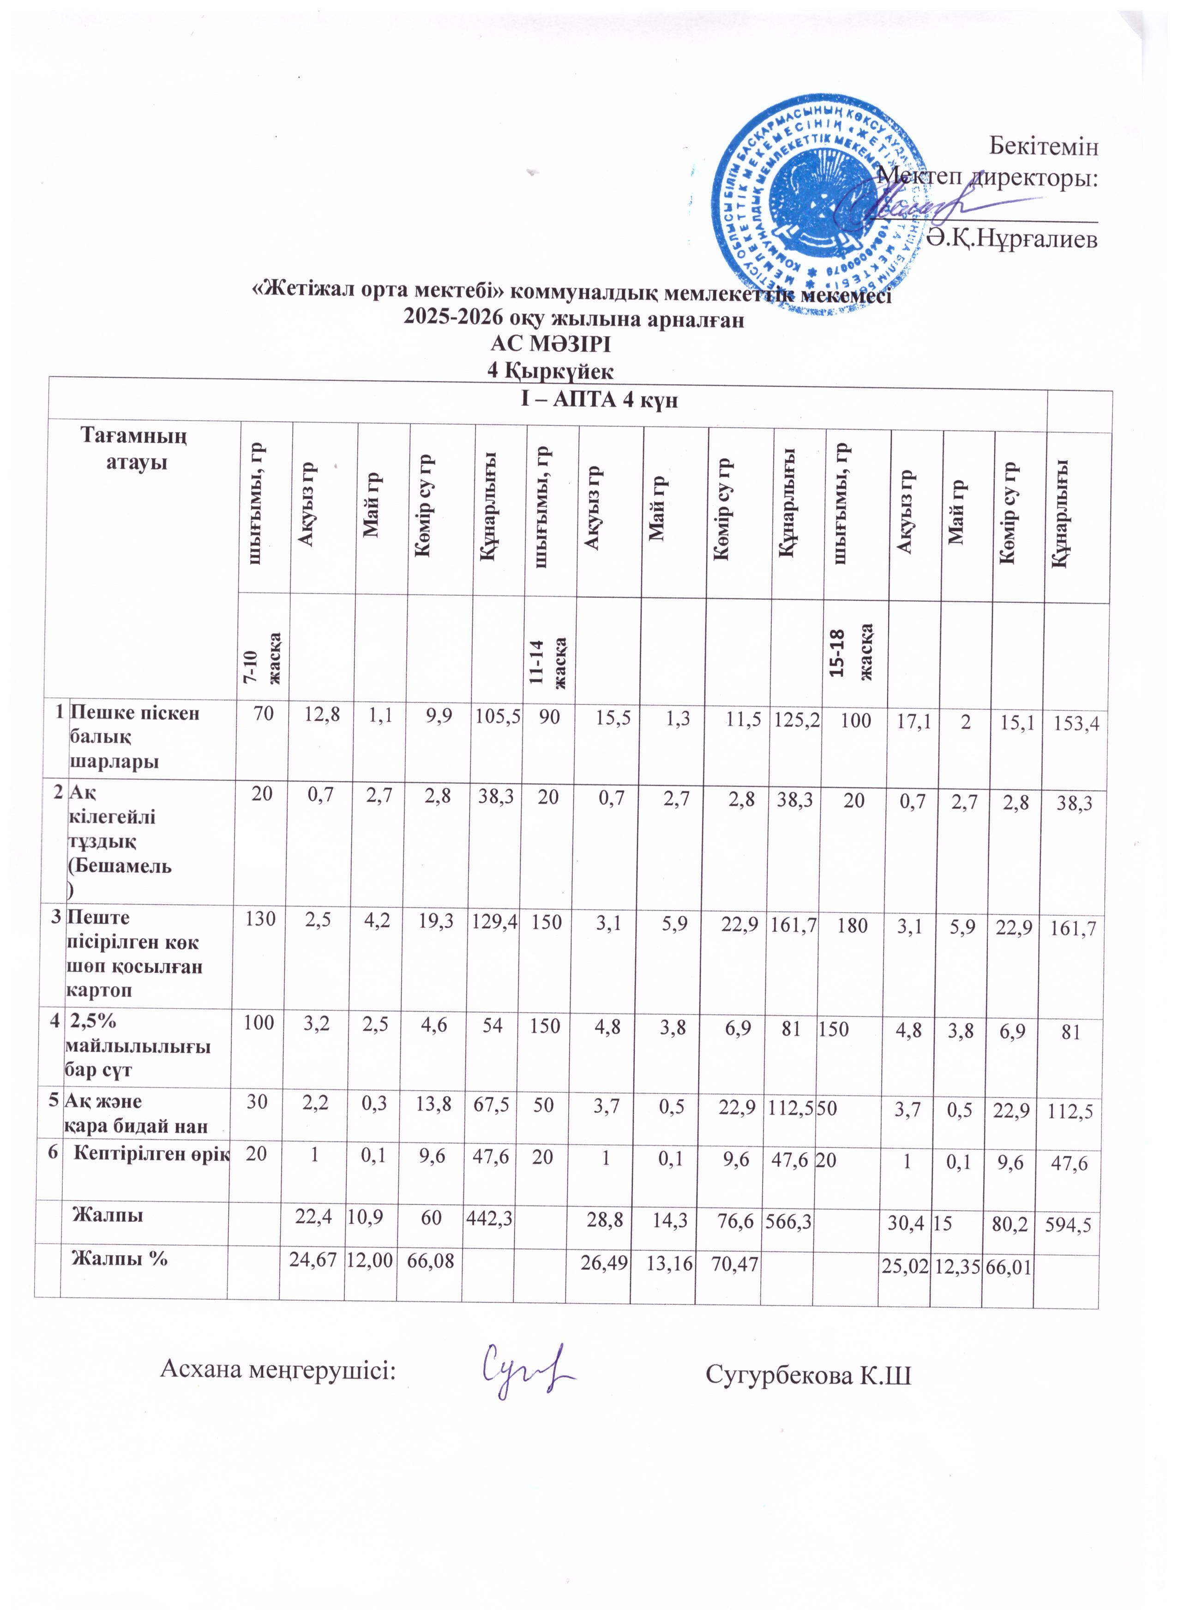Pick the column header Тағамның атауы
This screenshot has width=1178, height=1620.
136,448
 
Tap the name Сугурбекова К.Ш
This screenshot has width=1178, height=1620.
808,1374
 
